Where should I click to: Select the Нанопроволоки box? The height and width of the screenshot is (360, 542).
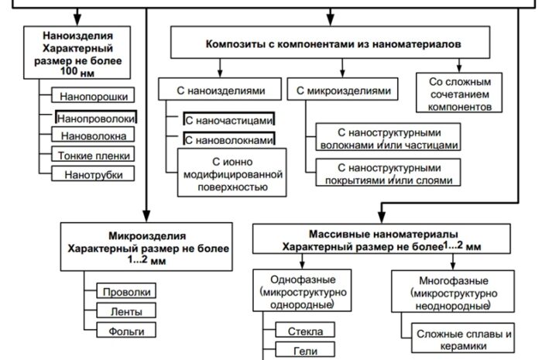(96, 118)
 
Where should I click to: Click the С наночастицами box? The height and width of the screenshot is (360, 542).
(229, 120)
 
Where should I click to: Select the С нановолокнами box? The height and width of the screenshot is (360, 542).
(229, 140)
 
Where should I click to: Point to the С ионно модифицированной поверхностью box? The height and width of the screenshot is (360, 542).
(228, 174)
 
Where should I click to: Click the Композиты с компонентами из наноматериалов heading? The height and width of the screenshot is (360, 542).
(334, 45)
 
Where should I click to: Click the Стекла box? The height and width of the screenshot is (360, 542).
(304, 331)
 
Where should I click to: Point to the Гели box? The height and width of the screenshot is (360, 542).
(304, 351)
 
